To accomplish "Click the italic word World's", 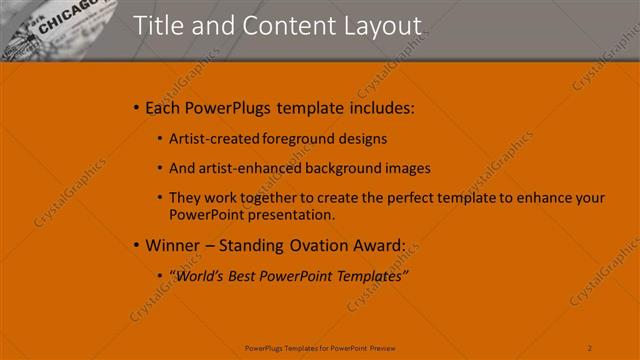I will pyautogui.click(x=199, y=275).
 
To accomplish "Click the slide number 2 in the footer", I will pyautogui.click(x=590, y=347).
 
